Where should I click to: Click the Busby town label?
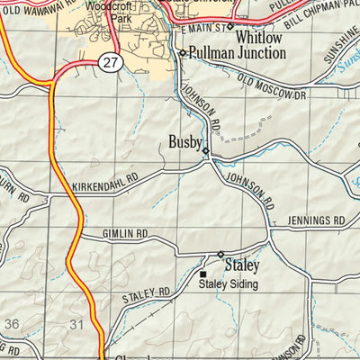click(x=184, y=141)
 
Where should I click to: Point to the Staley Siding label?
click(x=228, y=284)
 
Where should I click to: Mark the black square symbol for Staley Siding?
click(x=203, y=274)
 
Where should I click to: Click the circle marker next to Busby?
click(x=205, y=150)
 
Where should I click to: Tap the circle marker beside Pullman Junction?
click(x=182, y=54)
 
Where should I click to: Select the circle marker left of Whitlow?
click(x=229, y=27)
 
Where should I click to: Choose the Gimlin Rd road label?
click(x=124, y=233)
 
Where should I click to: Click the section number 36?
click(x=12, y=322)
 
